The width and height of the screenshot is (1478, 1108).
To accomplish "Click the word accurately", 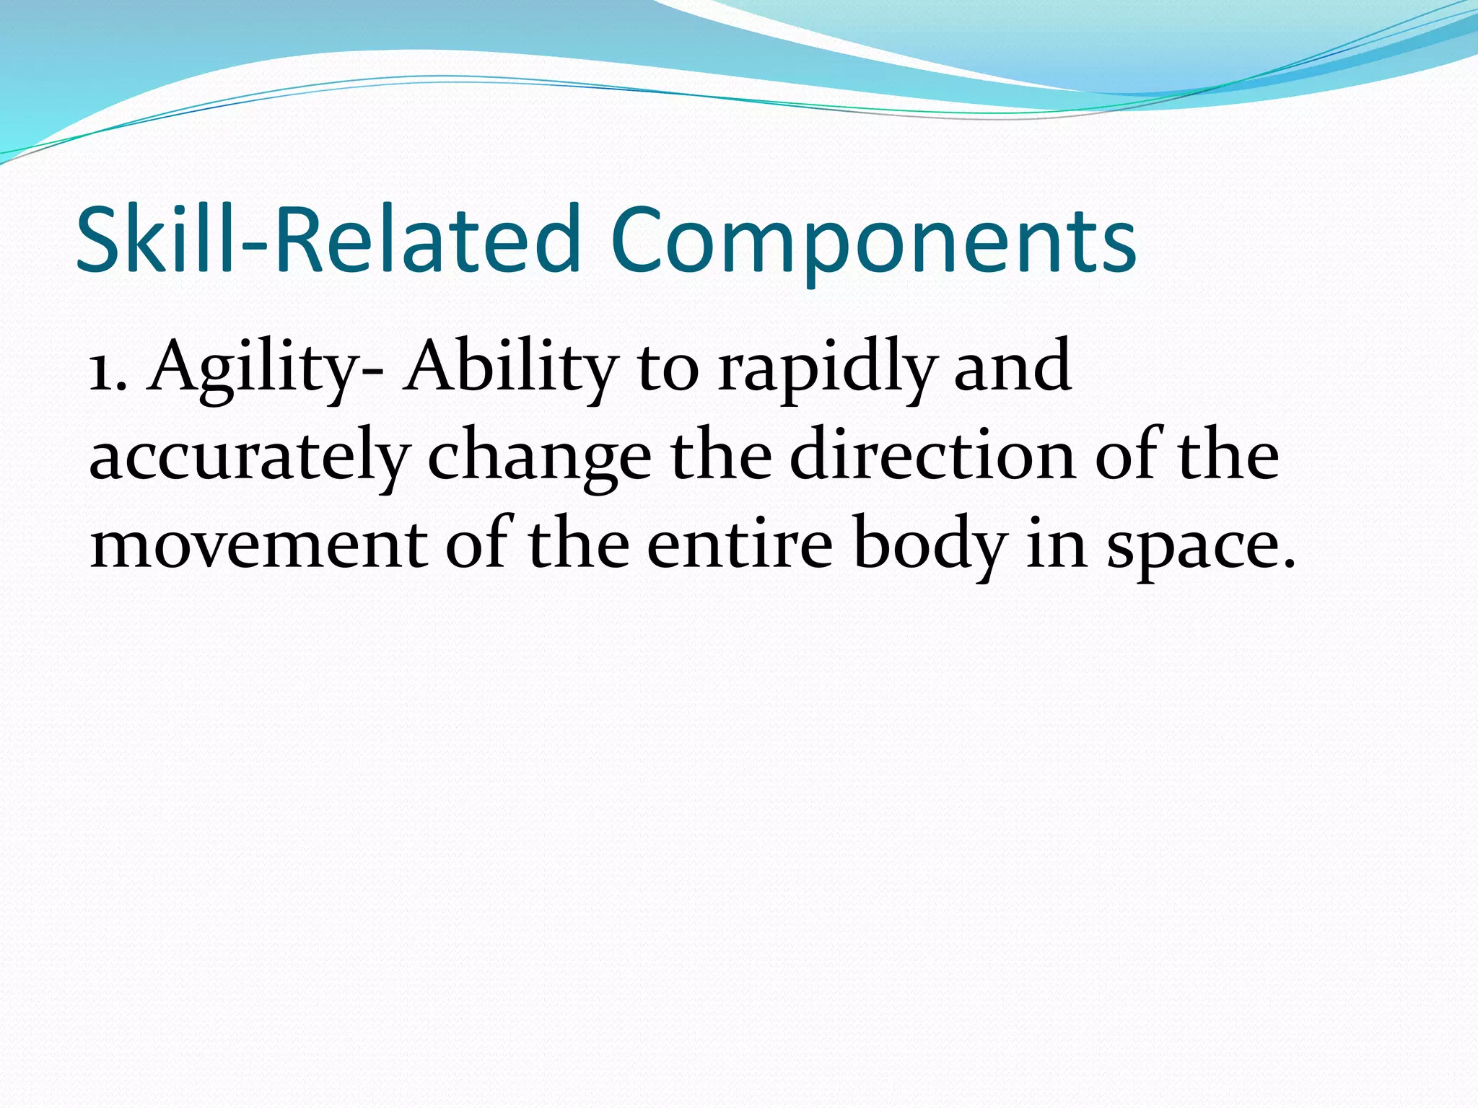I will tap(250, 458).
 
